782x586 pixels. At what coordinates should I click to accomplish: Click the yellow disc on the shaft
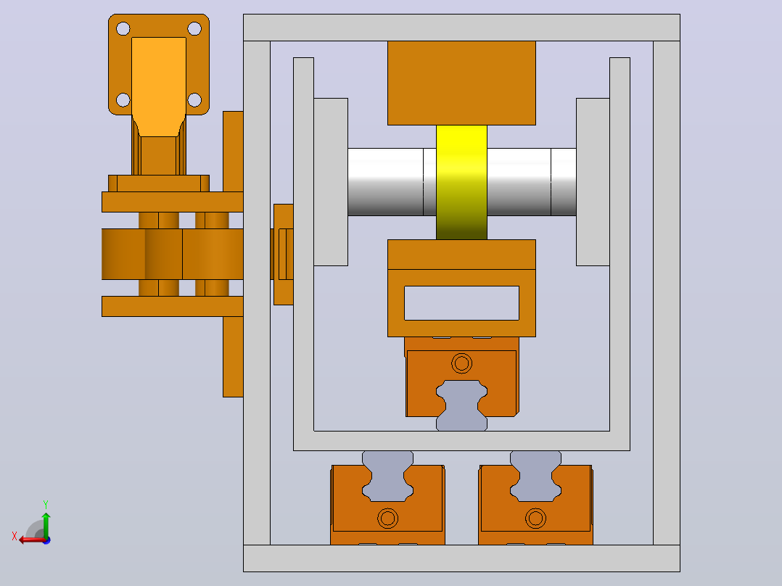[x=461, y=182]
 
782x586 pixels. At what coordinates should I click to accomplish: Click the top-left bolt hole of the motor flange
[x=123, y=28]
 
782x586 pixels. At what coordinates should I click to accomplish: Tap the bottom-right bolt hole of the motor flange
[x=194, y=100]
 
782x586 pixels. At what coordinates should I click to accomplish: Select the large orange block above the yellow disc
[x=461, y=83]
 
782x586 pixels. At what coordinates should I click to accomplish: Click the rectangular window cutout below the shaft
[x=461, y=302]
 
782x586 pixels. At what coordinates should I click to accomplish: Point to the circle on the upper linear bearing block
[x=461, y=363]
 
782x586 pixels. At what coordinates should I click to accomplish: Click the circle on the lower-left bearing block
[x=387, y=518]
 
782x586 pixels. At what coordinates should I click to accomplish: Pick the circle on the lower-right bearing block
[x=535, y=518]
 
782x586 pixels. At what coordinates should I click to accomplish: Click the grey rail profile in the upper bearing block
[x=461, y=405]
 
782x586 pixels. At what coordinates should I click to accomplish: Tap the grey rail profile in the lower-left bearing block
[x=387, y=476]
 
